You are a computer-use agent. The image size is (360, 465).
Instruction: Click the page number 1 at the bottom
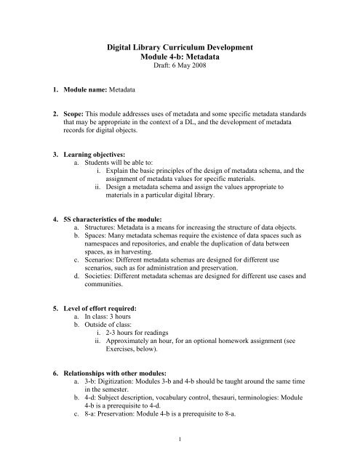point(179,438)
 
